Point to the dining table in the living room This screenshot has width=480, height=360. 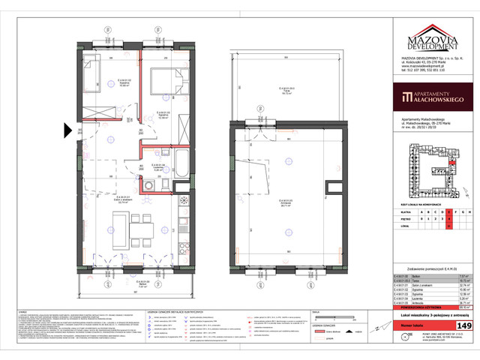tap(137, 229)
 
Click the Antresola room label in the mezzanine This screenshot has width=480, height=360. tap(286, 201)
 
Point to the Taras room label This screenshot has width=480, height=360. tap(286, 92)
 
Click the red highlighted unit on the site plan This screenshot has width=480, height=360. tap(453, 160)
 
